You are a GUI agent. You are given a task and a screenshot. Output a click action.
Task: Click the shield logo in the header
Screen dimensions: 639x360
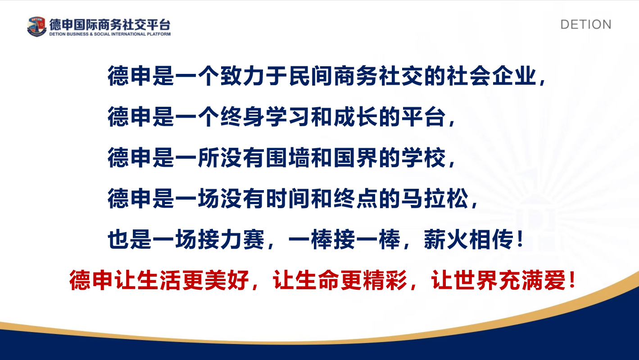point(36,27)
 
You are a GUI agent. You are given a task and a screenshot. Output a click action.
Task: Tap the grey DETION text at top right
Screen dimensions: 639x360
point(586,24)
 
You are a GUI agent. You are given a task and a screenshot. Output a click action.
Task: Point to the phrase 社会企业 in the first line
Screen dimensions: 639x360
point(492,76)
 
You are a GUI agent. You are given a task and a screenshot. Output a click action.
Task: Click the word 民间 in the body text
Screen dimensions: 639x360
point(311,76)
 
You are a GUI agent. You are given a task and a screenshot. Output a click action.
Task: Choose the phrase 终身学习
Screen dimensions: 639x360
point(266,117)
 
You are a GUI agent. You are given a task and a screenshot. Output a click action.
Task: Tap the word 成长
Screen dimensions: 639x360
point(356,117)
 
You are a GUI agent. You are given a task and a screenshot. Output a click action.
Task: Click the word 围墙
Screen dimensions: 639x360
point(288,158)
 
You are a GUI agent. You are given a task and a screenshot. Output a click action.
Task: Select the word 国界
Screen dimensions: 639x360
point(356,158)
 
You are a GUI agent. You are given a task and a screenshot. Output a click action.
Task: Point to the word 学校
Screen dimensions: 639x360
point(424,158)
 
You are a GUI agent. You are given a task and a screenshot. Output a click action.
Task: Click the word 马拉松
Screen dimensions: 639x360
point(435,198)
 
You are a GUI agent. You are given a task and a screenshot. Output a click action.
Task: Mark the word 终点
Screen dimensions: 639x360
point(356,198)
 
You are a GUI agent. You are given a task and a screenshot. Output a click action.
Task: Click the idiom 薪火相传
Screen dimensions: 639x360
point(469,239)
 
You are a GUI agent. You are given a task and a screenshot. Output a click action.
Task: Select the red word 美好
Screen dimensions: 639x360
point(227,280)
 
